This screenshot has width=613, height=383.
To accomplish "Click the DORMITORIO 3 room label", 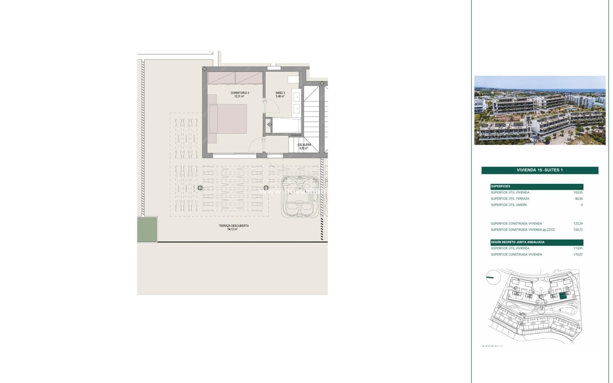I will coord(240,94).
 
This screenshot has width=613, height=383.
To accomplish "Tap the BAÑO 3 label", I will coord(280,94).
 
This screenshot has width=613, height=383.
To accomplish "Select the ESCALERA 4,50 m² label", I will coord(304,146).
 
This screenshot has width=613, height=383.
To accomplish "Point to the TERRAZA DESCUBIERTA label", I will coord(233,227).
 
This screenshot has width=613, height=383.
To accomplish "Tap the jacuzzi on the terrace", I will coord(300,197).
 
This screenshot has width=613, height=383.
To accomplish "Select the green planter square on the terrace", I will coord(147,229).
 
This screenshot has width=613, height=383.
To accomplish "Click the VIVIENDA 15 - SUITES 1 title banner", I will coord(540,170).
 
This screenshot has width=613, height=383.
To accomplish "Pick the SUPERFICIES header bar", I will coord(537,186).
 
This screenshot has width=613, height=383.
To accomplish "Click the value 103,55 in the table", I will coord(578,192).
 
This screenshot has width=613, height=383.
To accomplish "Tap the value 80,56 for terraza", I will coord(579,199).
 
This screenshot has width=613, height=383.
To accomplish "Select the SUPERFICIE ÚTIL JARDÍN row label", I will coord(509,205).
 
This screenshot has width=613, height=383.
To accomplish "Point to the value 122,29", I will coord(578,223).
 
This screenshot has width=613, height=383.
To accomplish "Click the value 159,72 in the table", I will coord(578,230).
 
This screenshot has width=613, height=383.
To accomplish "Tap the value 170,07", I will coord(578,255).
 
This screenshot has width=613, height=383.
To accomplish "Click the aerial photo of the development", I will coord(540,110).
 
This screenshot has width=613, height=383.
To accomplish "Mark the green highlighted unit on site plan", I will coord(563,296).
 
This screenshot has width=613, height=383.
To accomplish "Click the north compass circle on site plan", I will coord(492,277).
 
